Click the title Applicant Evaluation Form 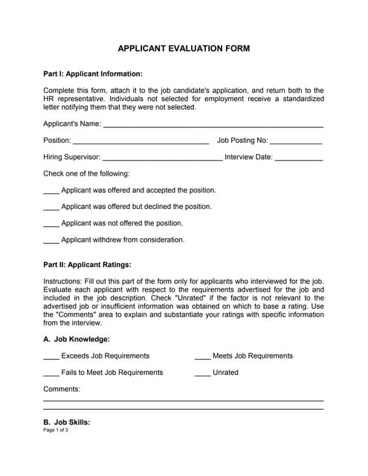tap(184, 48)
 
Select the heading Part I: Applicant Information tap(93, 74)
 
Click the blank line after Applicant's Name tap(213, 123)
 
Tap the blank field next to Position tap(141, 141)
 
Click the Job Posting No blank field tap(296, 141)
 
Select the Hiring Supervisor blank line tap(162, 158)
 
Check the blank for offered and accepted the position tap(51, 191)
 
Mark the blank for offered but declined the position tap(51, 208)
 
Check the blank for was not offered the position tap(51, 224)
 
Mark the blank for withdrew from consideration tap(51, 240)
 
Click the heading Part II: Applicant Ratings tap(88, 264)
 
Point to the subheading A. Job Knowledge tap(77, 339)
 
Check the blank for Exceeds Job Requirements tap(51, 356)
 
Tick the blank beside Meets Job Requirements tap(202, 356)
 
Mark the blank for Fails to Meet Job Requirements tap(51, 373)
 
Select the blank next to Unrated tap(202, 373)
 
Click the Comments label tap(62, 389)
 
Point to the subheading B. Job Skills tap(67, 422)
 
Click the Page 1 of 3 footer tap(56, 431)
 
